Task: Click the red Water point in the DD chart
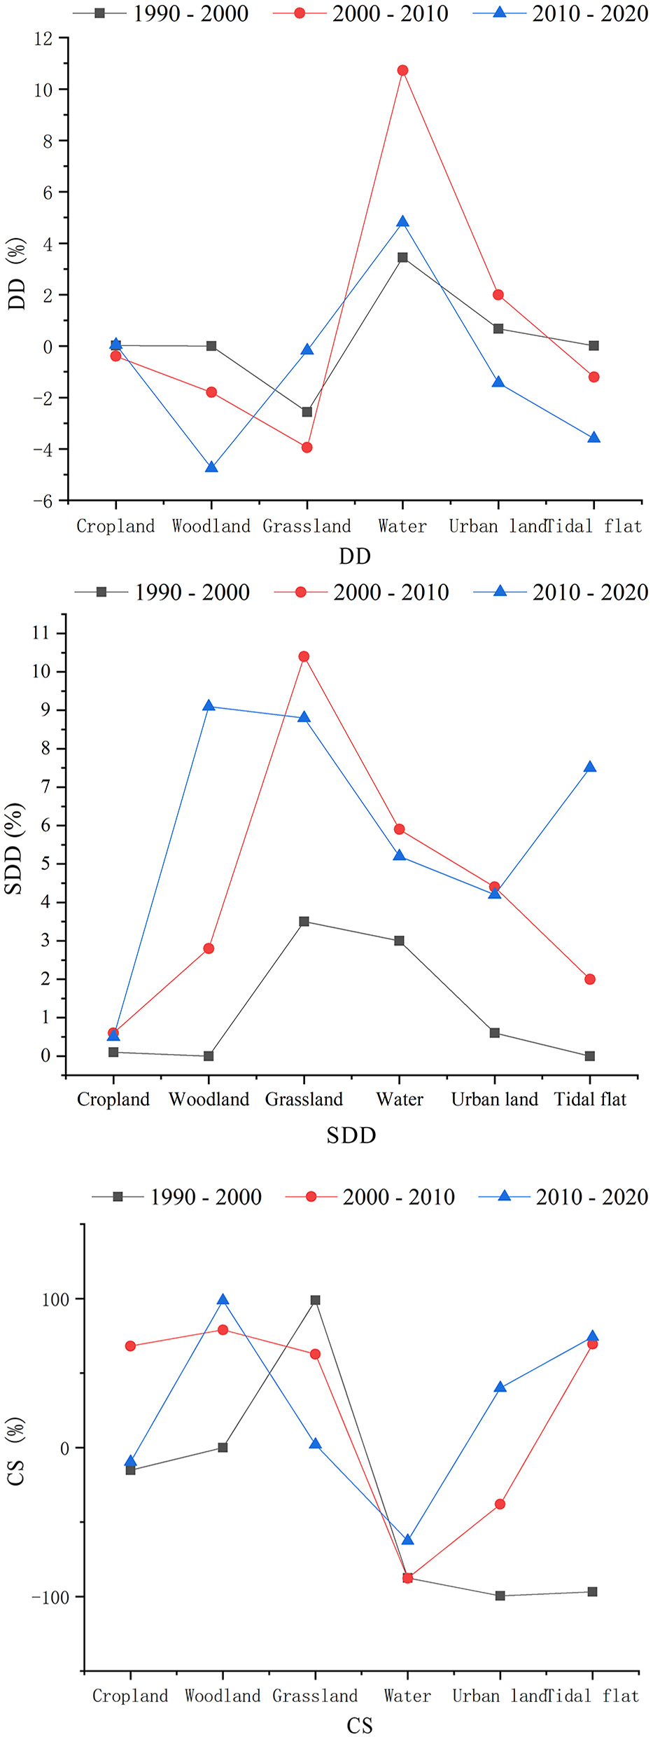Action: [402, 71]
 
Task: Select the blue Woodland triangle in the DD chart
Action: [211, 466]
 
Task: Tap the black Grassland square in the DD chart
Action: [307, 412]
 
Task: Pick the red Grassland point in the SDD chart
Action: [304, 656]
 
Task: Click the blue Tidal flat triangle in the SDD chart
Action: [590, 767]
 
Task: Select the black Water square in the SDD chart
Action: [399, 941]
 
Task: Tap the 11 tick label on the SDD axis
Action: [41, 633]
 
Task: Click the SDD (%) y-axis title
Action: [14, 848]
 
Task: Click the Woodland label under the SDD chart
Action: [209, 1100]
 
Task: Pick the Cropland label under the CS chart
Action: [130, 1696]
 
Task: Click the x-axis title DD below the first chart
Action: [355, 556]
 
